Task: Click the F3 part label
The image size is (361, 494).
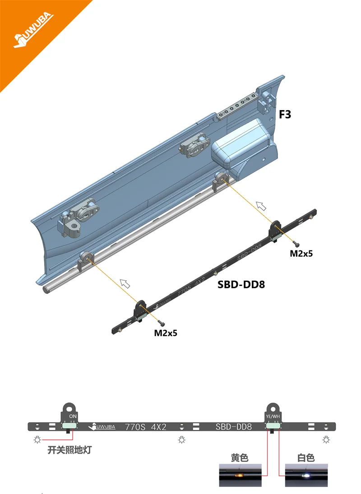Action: (x=285, y=115)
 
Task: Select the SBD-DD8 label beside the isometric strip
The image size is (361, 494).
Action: (x=241, y=285)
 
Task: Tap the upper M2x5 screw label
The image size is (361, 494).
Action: (x=301, y=254)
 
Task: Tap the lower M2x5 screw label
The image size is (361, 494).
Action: (x=166, y=333)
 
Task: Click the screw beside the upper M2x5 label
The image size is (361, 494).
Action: (x=295, y=242)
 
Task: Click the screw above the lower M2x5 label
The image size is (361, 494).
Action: (x=162, y=323)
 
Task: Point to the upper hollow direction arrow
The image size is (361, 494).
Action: (x=261, y=206)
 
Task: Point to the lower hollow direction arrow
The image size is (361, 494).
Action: (x=125, y=284)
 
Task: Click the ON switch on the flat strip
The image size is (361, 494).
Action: (x=70, y=425)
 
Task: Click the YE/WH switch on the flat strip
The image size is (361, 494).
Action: (x=273, y=425)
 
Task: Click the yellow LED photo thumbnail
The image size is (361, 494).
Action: (x=240, y=475)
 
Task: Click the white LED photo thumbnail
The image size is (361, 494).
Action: (x=306, y=475)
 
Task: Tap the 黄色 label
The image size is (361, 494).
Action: (x=240, y=457)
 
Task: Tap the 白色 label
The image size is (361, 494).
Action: (x=306, y=457)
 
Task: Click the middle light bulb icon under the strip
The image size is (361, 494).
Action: (x=181, y=439)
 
